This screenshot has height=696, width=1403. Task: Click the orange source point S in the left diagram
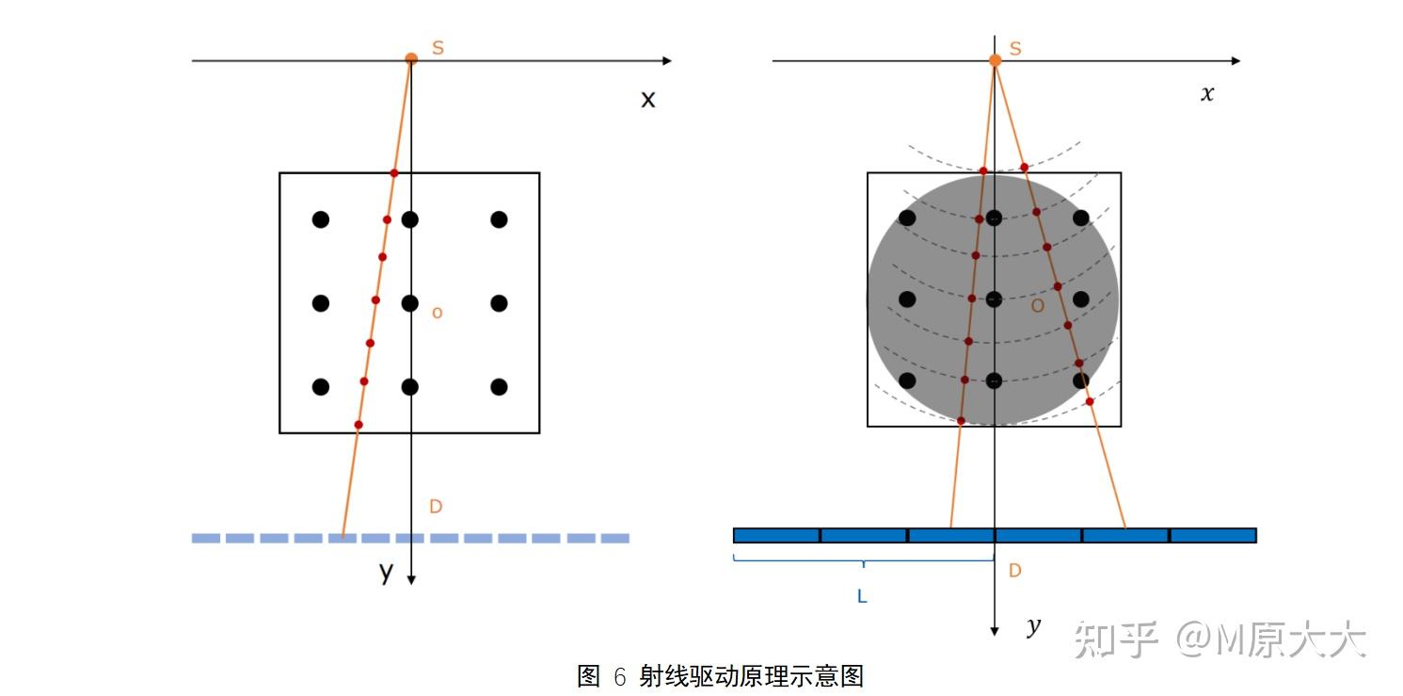[411, 58]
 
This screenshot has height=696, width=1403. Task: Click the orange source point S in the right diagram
[996, 60]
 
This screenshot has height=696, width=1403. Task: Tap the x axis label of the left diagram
[647, 99]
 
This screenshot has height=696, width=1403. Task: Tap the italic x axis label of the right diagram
[1207, 93]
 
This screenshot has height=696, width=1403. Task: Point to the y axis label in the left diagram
[386, 571]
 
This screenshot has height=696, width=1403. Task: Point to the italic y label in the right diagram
[1033, 626]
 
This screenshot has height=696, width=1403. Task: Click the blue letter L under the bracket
[862, 596]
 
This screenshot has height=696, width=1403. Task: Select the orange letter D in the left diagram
[436, 507]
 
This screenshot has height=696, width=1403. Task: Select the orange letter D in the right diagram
[1014, 570]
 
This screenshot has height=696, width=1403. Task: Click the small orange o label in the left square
[437, 313]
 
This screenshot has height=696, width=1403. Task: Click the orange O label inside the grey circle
[1037, 306]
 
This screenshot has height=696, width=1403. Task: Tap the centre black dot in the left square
[409, 303]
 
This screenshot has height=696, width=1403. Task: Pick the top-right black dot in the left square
[499, 219]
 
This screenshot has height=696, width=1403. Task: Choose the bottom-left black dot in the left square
[321, 387]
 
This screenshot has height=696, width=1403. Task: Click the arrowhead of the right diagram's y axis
[995, 630]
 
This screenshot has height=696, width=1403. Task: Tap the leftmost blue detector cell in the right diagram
[776, 536]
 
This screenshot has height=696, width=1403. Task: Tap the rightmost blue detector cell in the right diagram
[1213, 536]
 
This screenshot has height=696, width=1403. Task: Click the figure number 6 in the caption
[619, 676]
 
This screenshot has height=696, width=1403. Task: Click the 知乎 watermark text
[1115, 639]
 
